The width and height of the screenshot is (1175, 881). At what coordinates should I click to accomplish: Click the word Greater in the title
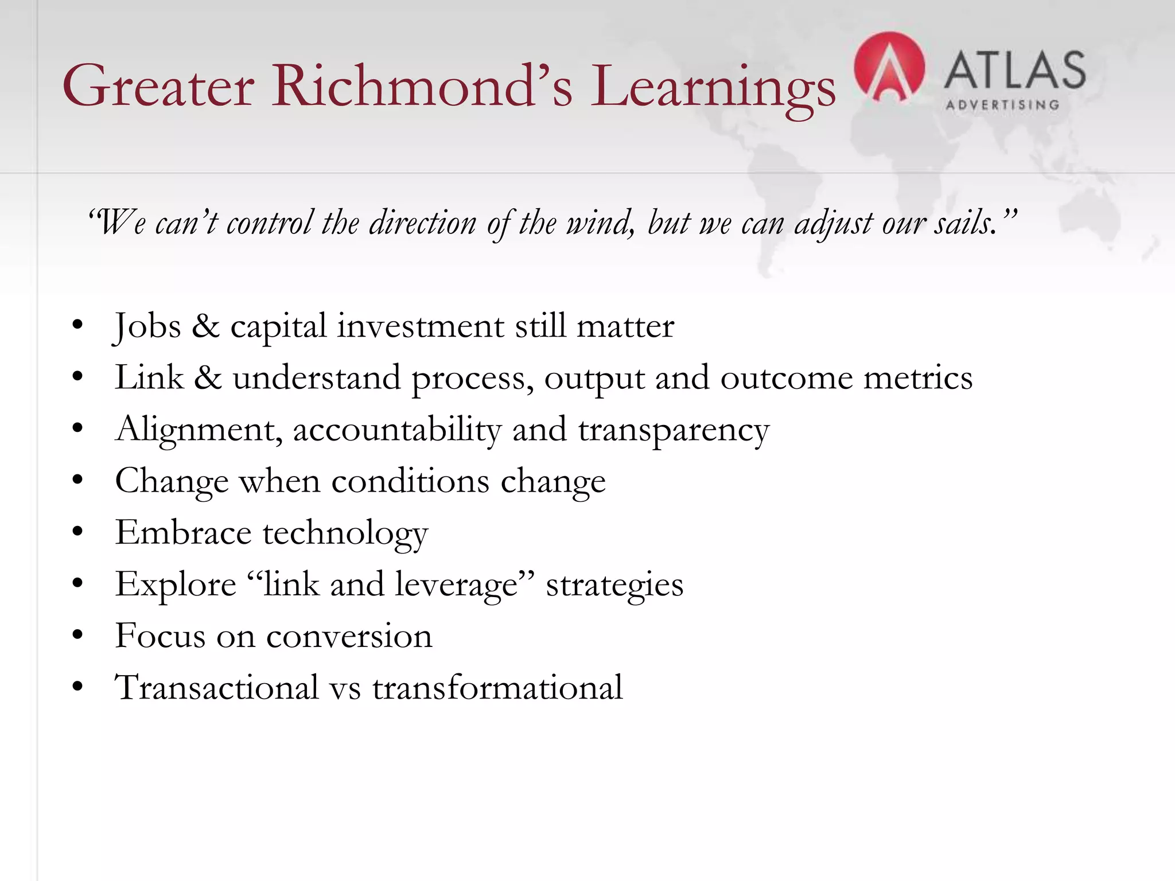(158, 86)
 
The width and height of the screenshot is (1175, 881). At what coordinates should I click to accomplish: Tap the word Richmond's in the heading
(422, 86)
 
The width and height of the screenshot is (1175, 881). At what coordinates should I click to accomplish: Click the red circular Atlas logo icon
(889, 68)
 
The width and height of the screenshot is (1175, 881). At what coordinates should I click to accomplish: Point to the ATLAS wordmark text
(1014, 70)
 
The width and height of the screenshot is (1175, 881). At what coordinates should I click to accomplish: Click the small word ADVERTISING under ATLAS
(1002, 105)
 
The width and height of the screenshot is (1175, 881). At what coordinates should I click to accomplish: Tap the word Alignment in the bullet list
(199, 430)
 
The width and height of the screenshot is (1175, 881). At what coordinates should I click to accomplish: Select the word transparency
(674, 430)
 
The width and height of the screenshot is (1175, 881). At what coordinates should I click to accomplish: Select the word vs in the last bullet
(345, 688)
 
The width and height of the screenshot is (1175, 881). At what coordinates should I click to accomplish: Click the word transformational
(497, 687)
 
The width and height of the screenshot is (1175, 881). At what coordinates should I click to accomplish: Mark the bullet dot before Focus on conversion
(78, 635)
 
